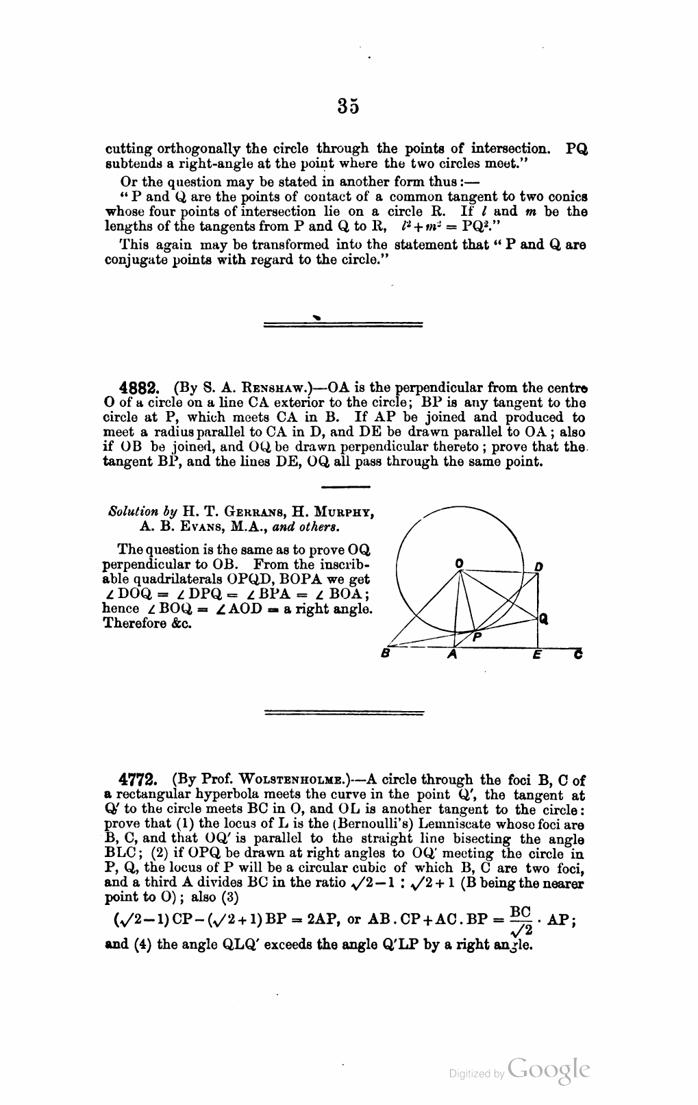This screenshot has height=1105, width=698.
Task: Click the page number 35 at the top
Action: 348,106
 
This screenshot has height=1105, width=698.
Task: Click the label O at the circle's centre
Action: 459,562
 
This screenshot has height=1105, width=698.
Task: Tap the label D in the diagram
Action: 539,567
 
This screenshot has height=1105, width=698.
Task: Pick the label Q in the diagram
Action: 543,619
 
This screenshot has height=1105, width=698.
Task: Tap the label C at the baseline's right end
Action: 578,655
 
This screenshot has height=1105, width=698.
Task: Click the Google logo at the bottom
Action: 549,1071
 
